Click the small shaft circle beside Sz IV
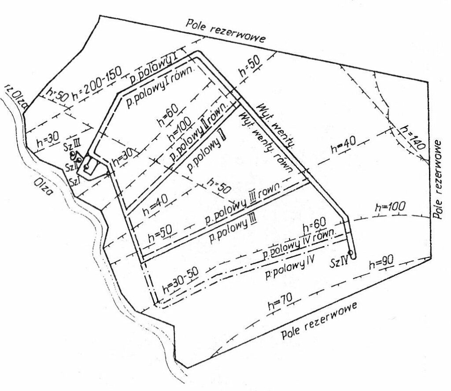[x=354, y=253]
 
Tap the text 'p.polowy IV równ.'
[x=299, y=243]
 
